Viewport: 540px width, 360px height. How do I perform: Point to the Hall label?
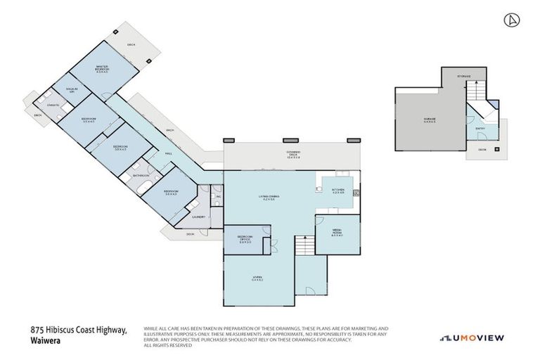(168, 153)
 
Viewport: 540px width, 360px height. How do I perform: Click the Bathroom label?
(139, 175)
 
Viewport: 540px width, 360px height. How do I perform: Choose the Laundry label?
(198, 217)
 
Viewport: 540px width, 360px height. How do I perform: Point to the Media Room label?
(336, 234)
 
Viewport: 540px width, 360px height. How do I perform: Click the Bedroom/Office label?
(245, 240)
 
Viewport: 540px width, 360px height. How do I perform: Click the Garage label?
(430, 120)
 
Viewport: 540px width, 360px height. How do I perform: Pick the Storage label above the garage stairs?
(463, 75)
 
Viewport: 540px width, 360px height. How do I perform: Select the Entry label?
(480, 129)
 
